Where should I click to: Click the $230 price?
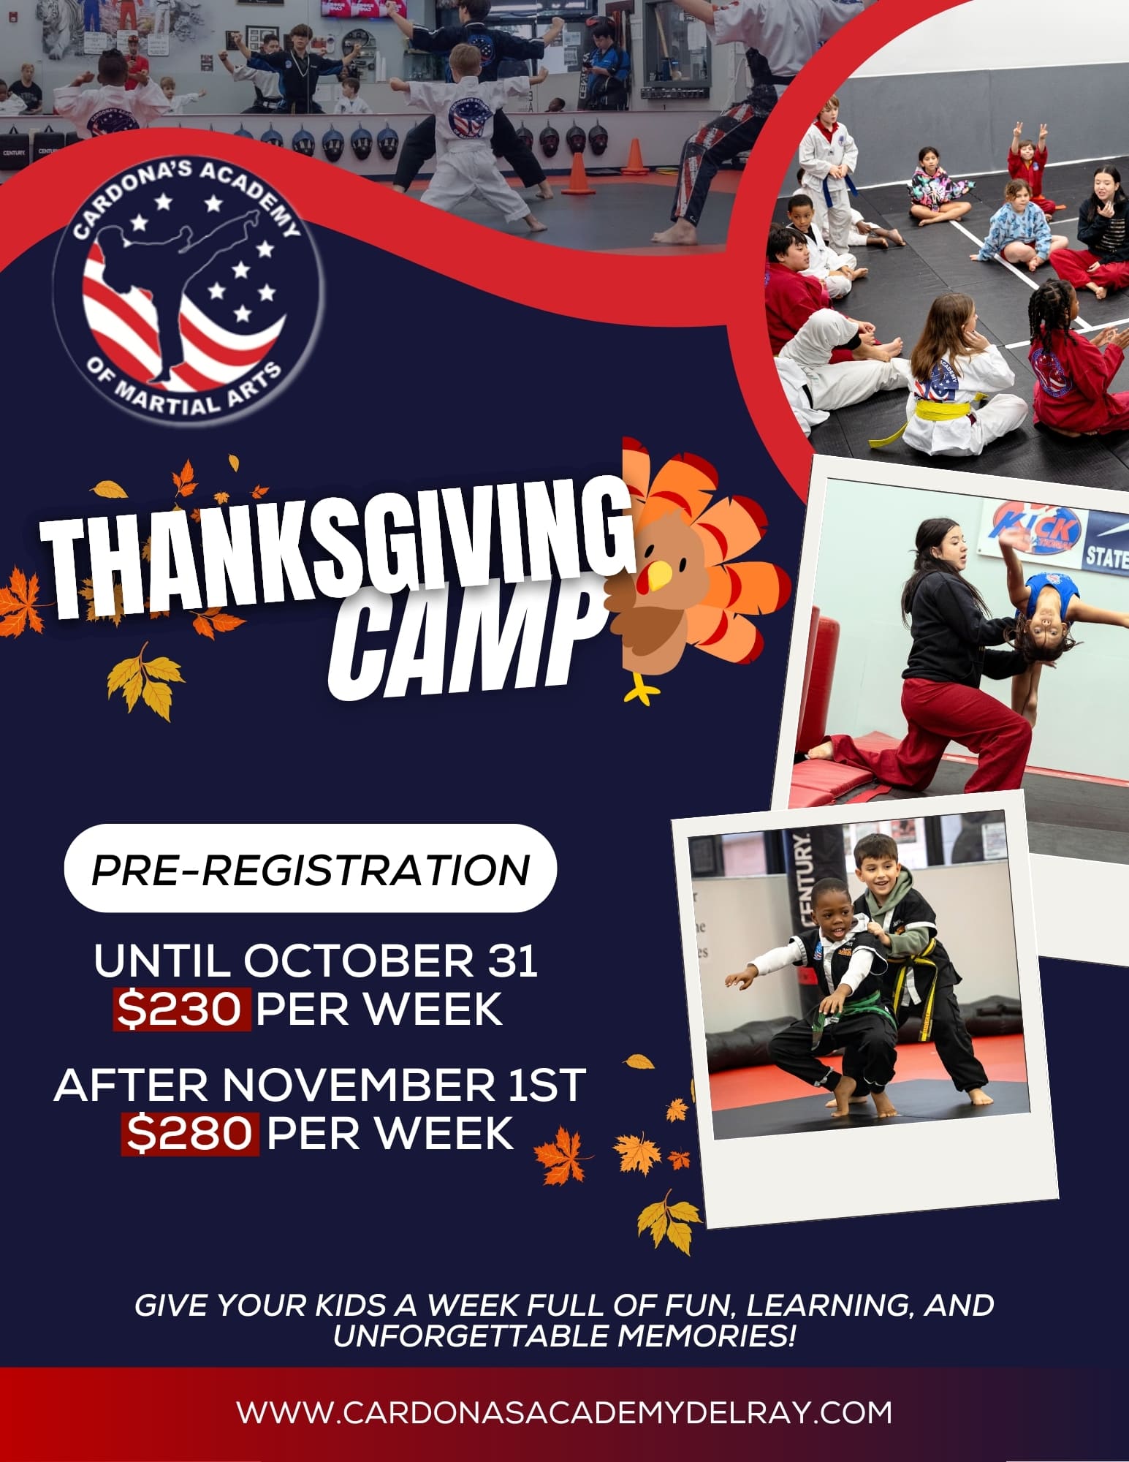(x=180, y=1009)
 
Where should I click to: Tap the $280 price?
(x=190, y=1134)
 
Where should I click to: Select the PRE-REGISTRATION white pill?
(x=311, y=868)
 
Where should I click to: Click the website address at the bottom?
(x=564, y=1412)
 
